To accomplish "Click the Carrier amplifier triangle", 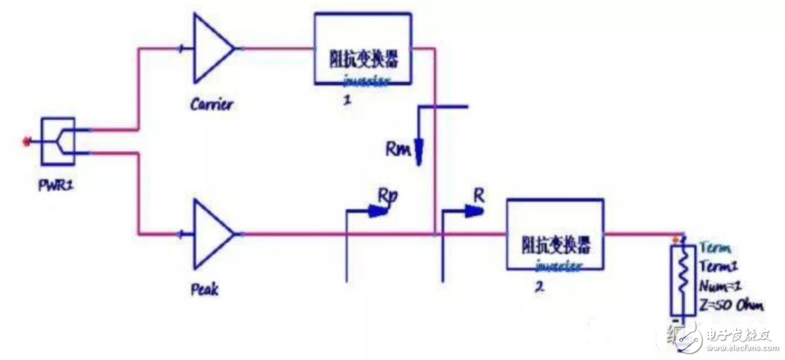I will coord(211,49).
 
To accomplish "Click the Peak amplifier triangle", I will coord(211,234).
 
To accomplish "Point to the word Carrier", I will coord(211,104).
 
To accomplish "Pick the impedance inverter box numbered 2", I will coord(554,235).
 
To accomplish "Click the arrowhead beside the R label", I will coord(472,210).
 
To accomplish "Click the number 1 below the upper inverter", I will coord(346,101).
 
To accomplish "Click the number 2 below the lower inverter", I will coord(539,287).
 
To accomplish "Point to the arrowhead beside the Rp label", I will coord(379,211).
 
